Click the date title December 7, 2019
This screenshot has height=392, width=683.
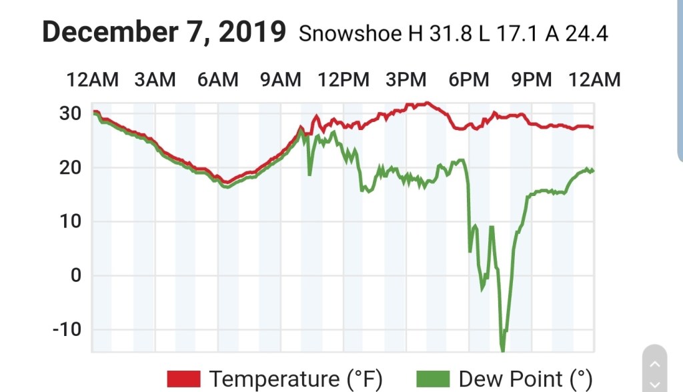coord(164,31)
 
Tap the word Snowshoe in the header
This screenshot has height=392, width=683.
coord(350,33)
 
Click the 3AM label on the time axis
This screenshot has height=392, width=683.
coord(155,80)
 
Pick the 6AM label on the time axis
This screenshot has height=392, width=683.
coord(217,80)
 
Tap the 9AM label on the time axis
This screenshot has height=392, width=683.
coord(280,80)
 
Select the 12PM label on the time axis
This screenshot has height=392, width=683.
coord(344,80)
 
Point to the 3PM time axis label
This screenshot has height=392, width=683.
coord(406,80)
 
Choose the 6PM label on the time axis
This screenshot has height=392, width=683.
coord(469,80)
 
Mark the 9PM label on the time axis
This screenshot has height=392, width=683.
coord(532,80)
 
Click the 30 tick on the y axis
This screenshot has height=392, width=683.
coord(70,113)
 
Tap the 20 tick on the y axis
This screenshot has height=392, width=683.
coord(70,167)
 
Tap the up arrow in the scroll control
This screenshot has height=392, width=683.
coord(654,363)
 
